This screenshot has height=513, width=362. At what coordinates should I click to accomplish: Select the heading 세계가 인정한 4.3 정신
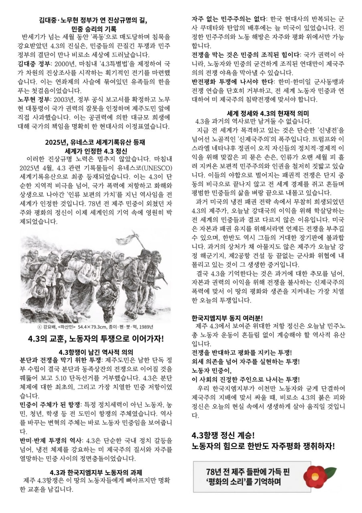pyautogui.click(x=95, y=151)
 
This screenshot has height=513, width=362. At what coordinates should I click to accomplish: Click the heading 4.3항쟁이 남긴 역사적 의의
pyautogui.click(x=95, y=352)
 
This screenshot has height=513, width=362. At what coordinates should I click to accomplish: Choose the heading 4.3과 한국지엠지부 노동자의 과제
pyautogui.click(x=95, y=472)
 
